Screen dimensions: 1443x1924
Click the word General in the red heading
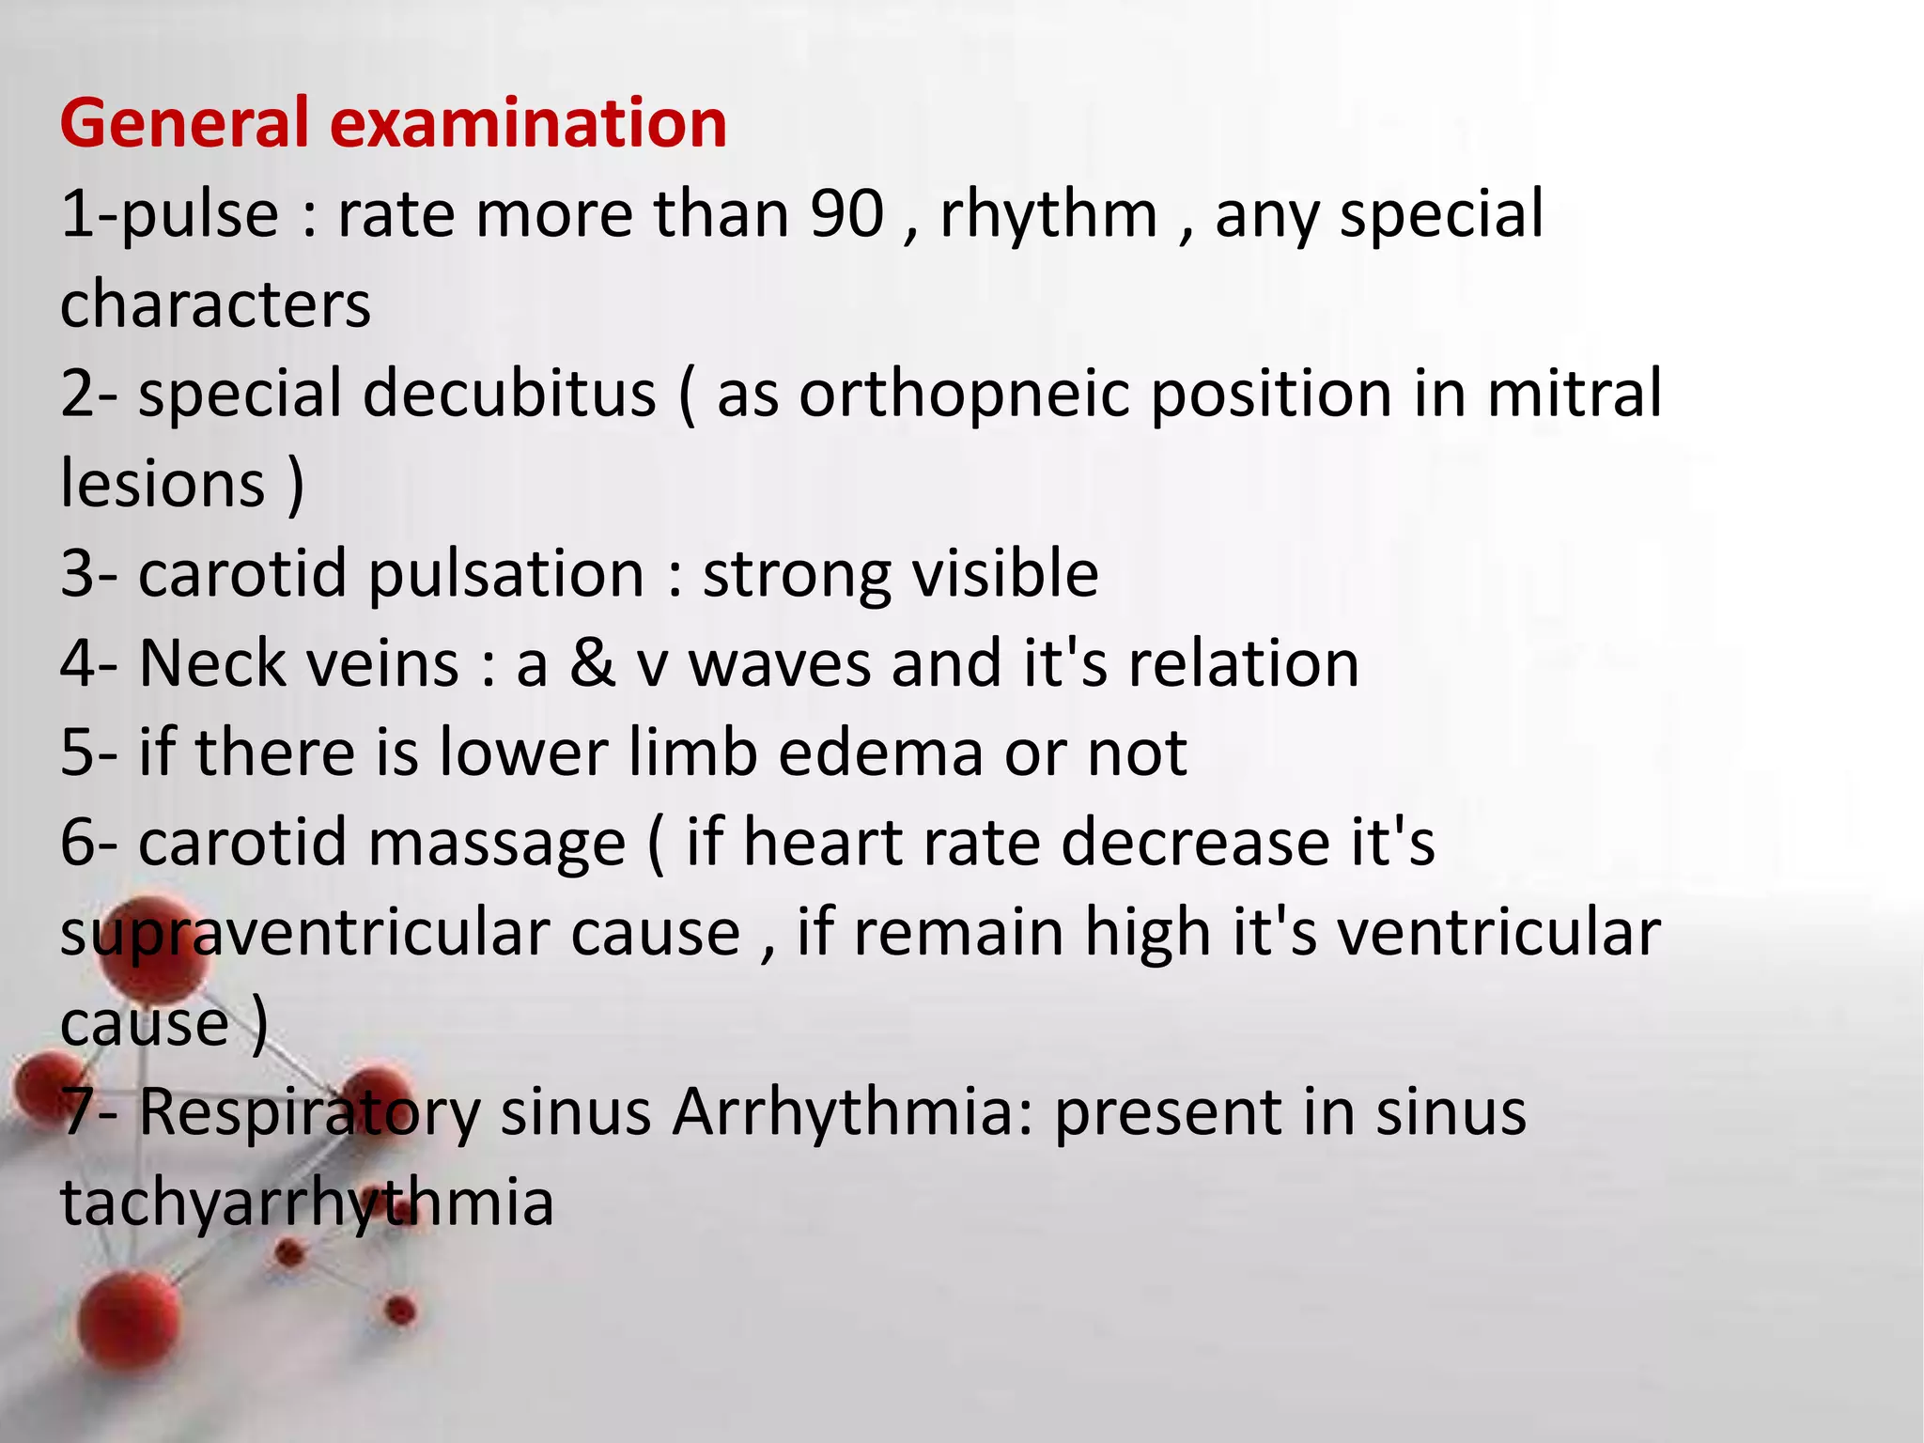[x=184, y=124]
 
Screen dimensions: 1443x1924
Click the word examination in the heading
[x=528, y=124]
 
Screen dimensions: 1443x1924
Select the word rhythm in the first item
[x=1048, y=214]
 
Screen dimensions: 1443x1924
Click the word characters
[x=216, y=304]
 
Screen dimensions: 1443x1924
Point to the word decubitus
[x=509, y=394]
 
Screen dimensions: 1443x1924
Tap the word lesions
[x=163, y=484]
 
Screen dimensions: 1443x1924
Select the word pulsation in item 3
[x=506, y=574]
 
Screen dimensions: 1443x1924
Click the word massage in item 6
[x=497, y=844]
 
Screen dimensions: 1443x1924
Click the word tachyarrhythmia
[x=307, y=1203]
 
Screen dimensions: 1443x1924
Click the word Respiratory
[x=309, y=1113]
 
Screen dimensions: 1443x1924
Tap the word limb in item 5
[x=693, y=753]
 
